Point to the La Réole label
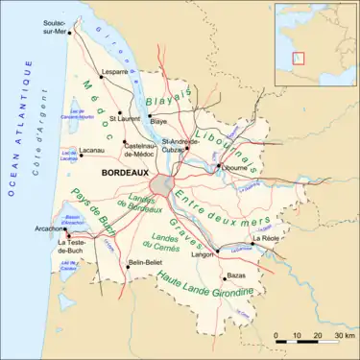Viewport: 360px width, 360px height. coord(265,237)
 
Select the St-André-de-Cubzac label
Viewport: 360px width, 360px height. coord(180,145)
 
